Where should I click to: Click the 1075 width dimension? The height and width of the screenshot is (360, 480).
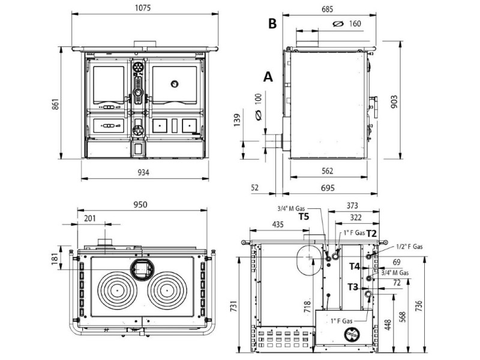pos(143,7)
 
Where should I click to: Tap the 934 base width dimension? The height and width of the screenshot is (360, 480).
pos(143,173)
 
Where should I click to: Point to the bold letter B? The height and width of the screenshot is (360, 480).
pos(272,23)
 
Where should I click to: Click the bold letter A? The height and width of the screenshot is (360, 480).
pos(268,77)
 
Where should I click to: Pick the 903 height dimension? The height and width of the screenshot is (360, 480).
pos(394,101)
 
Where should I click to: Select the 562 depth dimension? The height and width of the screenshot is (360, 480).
pos(327,171)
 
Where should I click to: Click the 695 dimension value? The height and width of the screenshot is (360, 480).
pos(328,188)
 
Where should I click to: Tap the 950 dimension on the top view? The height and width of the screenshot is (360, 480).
pos(140,205)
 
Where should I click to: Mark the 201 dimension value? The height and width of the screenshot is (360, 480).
pos(89,218)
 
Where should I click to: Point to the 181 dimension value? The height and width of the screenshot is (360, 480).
pos(55,259)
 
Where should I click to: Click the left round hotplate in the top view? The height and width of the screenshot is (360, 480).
pos(117,290)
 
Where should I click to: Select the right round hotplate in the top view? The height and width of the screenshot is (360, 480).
pos(167,290)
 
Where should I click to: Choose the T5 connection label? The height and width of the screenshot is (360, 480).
pos(304,217)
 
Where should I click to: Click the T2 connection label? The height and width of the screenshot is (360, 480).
pos(371,233)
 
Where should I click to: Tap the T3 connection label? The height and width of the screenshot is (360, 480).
pos(353,287)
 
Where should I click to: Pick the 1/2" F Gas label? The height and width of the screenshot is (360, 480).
pos(409,247)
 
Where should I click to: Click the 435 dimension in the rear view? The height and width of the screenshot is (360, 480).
pos(278,224)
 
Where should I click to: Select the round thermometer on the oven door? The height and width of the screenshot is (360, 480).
pos(175,83)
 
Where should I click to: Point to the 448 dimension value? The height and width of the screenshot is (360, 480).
pos(388,325)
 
